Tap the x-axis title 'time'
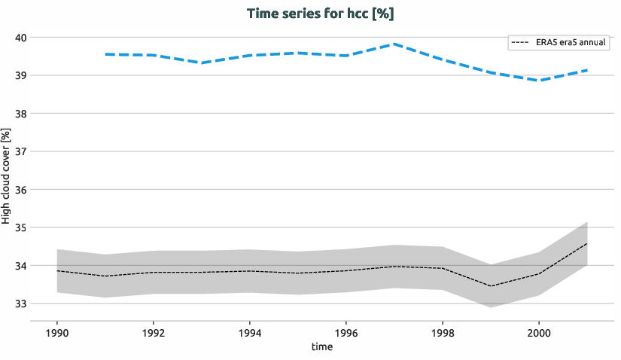pos(321,347)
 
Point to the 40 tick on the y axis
pos(20,38)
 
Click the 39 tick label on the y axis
pos(20,75)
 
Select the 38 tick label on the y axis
pos(20,114)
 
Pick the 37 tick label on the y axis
pos(20,151)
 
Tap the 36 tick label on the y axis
pos(20,190)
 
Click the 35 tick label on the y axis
pos(20,227)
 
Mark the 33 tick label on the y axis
pos(20,304)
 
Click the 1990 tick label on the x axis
pos(57,331)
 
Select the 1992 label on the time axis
pos(154,331)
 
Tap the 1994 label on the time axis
pos(249,331)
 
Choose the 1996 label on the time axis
pos(346,331)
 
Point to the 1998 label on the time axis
pos(442,331)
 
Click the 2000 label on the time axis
pos(538,331)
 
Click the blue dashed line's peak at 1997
pos(394,44)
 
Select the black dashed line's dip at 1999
pos(490,286)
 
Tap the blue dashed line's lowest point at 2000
pos(538,81)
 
